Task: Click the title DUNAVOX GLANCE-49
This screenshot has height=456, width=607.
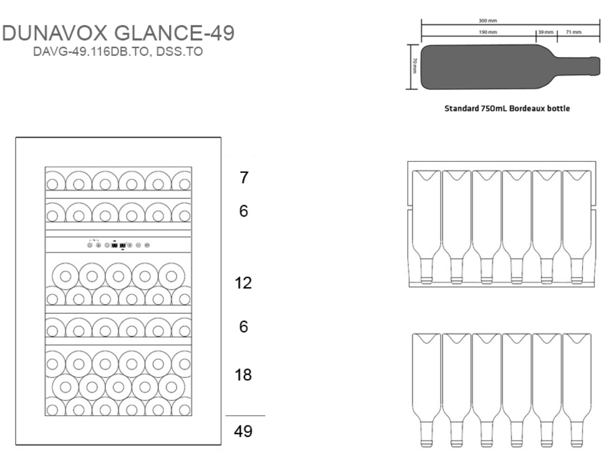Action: pos(118,33)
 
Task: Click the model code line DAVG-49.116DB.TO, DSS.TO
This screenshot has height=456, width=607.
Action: pos(118,51)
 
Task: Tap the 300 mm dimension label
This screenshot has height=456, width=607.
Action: pos(488,21)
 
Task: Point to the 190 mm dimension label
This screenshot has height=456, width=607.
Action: pos(488,32)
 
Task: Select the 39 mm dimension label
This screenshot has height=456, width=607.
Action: pos(546,32)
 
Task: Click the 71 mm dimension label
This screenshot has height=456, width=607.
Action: pos(574,32)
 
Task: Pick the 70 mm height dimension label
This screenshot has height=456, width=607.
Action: pos(414,66)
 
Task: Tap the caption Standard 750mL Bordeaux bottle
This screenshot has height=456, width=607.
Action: pos(507,109)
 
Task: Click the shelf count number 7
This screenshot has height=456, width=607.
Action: pos(243,178)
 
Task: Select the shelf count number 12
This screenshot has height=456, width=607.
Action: pos(243,283)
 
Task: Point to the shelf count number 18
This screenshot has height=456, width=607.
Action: pos(243,375)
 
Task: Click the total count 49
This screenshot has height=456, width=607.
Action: pos(243,431)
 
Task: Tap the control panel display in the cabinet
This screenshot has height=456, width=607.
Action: pos(118,245)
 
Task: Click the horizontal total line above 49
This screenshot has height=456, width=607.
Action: pos(245,416)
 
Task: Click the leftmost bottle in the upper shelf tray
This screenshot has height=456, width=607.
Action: pos(426,227)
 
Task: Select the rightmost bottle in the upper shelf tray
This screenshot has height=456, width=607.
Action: pos(577,227)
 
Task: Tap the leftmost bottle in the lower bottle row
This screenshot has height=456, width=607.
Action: pos(426,390)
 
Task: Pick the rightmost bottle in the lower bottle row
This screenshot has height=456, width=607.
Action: pos(577,390)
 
